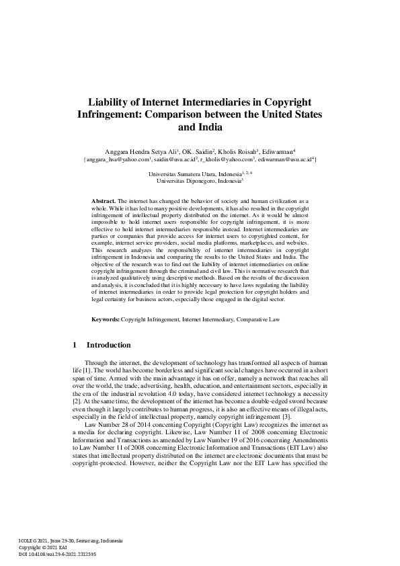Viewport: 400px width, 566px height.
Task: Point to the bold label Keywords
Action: click(x=106, y=319)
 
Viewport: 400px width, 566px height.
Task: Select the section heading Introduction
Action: click(x=109, y=346)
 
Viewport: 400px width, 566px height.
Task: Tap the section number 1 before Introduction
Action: click(x=74, y=346)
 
